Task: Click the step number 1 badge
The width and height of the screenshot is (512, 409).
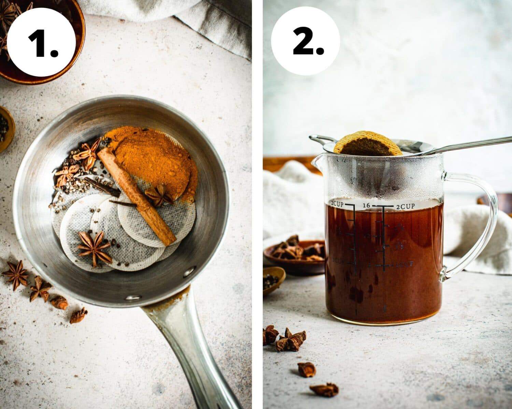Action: (41, 42)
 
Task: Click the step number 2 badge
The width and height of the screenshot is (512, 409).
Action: (305, 42)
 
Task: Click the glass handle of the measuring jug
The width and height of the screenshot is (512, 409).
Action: (478, 222)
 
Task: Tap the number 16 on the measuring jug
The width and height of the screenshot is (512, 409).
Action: (367, 206)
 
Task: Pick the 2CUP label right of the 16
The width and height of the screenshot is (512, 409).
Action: (406, 206)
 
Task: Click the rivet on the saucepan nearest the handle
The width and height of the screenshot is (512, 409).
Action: (133, 297)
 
